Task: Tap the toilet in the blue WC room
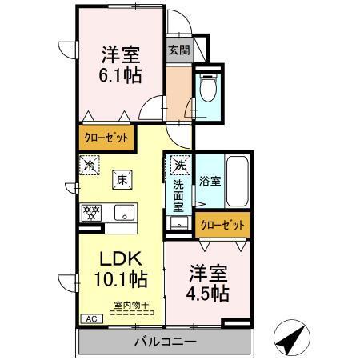click(x=208, y=89)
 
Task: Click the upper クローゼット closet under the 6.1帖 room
click(x=107, y=138)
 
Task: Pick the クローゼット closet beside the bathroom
click(x=223, y=226)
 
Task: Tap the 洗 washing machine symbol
click(x=177, y=168)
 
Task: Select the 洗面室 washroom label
click(x=178, y=196)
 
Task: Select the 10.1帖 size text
click(x=118, y=280)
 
